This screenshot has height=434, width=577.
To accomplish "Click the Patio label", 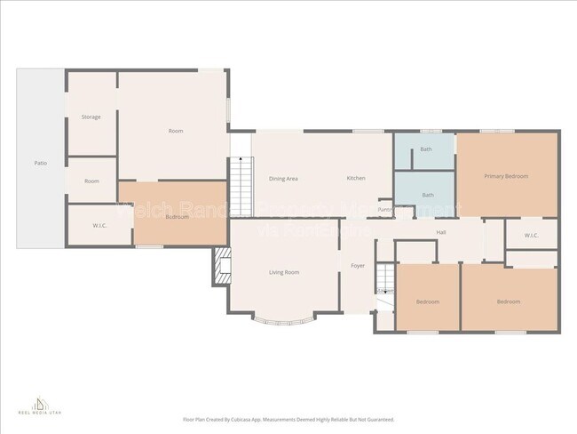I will (x=41, y=164).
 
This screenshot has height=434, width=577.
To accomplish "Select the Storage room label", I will (x=91, y=117).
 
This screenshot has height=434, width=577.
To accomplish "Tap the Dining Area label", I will (x=283, y=179).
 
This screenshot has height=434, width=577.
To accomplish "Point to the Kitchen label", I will (x=356, y=179).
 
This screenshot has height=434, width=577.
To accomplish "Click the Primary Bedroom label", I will (x=506, y=176).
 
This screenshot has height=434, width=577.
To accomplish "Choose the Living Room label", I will (x=283, y=272).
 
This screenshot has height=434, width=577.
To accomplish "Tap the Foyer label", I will (x=359, y=266).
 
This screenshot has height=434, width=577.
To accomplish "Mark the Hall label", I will (x=440, y=232).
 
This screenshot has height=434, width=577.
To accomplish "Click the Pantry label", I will (x=384, y=210).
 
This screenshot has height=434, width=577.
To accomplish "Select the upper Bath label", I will (x=426, y=149).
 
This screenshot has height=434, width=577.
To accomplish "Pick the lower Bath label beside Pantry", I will (x=428, y=195).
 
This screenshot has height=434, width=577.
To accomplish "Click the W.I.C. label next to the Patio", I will (x=99, y=225).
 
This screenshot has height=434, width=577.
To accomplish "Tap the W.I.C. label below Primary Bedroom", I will (x=531, y=236).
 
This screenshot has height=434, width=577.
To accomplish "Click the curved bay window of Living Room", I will (x=283, y=321).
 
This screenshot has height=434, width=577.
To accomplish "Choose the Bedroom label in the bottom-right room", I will (x=508, y=302).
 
